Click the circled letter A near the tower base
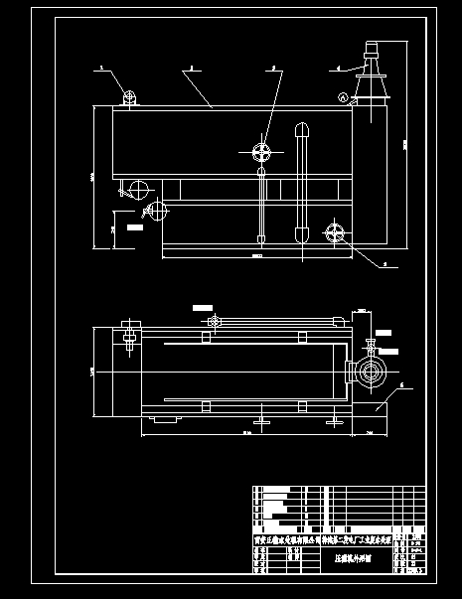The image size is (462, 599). (x=344, y=97)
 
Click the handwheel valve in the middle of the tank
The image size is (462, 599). (x=262, y=152)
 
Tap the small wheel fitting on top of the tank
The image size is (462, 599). (x=129, y=96)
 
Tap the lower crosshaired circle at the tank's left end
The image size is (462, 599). (x=153, y=209)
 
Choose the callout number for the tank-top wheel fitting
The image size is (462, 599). (x=101, y=69)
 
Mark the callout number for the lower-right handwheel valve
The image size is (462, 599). (x=384, y=265)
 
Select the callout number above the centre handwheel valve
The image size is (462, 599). (x=270, y=69)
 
